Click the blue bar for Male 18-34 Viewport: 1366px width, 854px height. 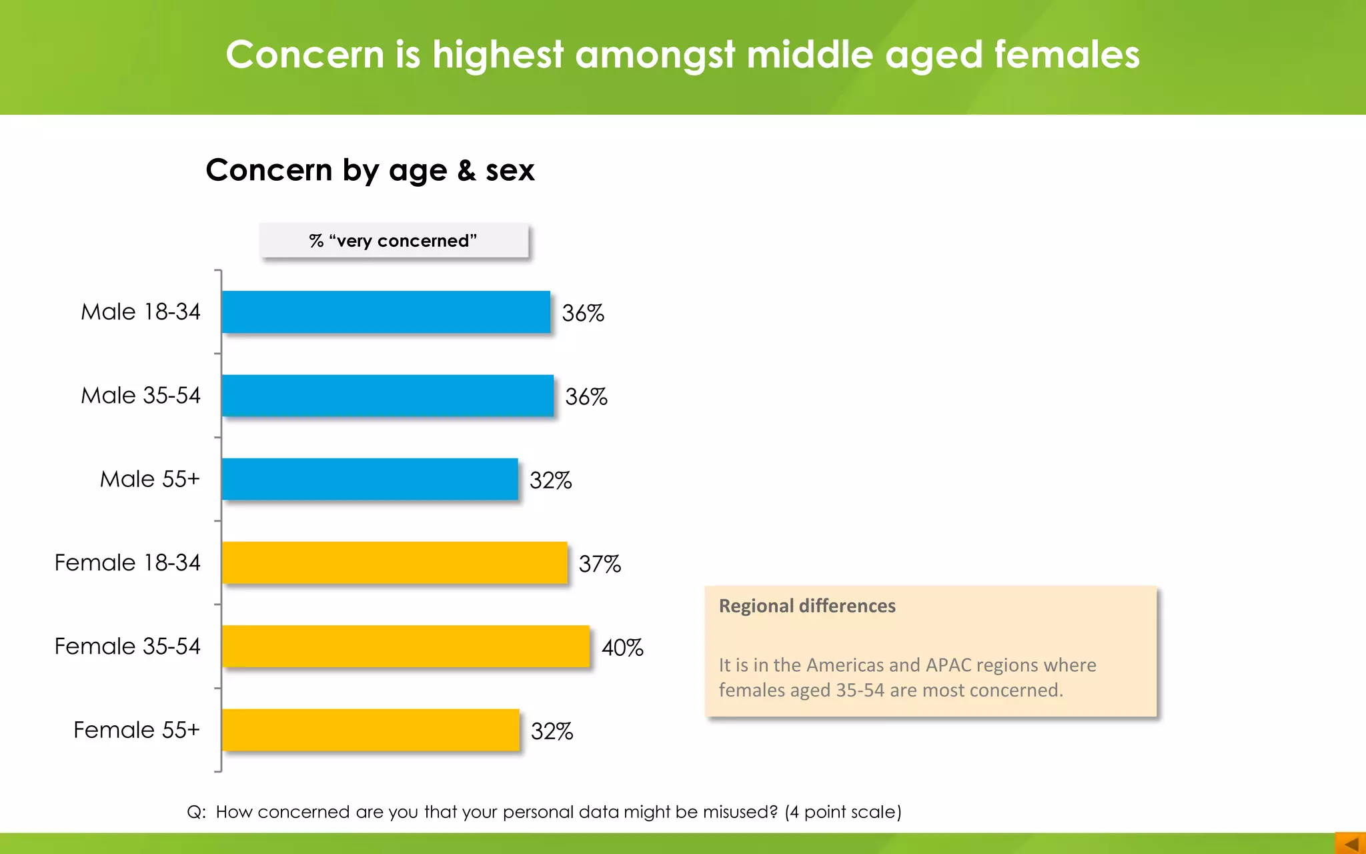click(386, 312)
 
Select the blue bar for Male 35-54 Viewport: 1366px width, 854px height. click(388, 396)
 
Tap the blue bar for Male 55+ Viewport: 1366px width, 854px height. click(370, 479)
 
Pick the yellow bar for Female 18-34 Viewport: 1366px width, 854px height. click(394, 562)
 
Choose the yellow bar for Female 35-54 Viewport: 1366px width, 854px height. click(406, 646)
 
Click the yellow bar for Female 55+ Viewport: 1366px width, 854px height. click(370, 730)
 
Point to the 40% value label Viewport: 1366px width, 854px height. click(622, 647)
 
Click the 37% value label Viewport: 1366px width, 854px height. click(600, 564)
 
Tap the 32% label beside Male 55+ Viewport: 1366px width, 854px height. click(550, 480)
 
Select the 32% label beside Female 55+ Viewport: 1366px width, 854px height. click(552, 731)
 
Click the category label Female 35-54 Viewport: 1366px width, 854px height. click(127, 646)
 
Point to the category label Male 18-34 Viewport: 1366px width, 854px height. click(140, 312)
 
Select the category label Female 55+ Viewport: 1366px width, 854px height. click(137, 730)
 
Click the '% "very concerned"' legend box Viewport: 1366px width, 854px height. click(394, 241)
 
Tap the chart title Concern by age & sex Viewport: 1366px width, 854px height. click(370, 170)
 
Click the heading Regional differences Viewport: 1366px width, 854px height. click(807, 606)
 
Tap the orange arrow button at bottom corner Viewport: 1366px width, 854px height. click(1350, 843)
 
